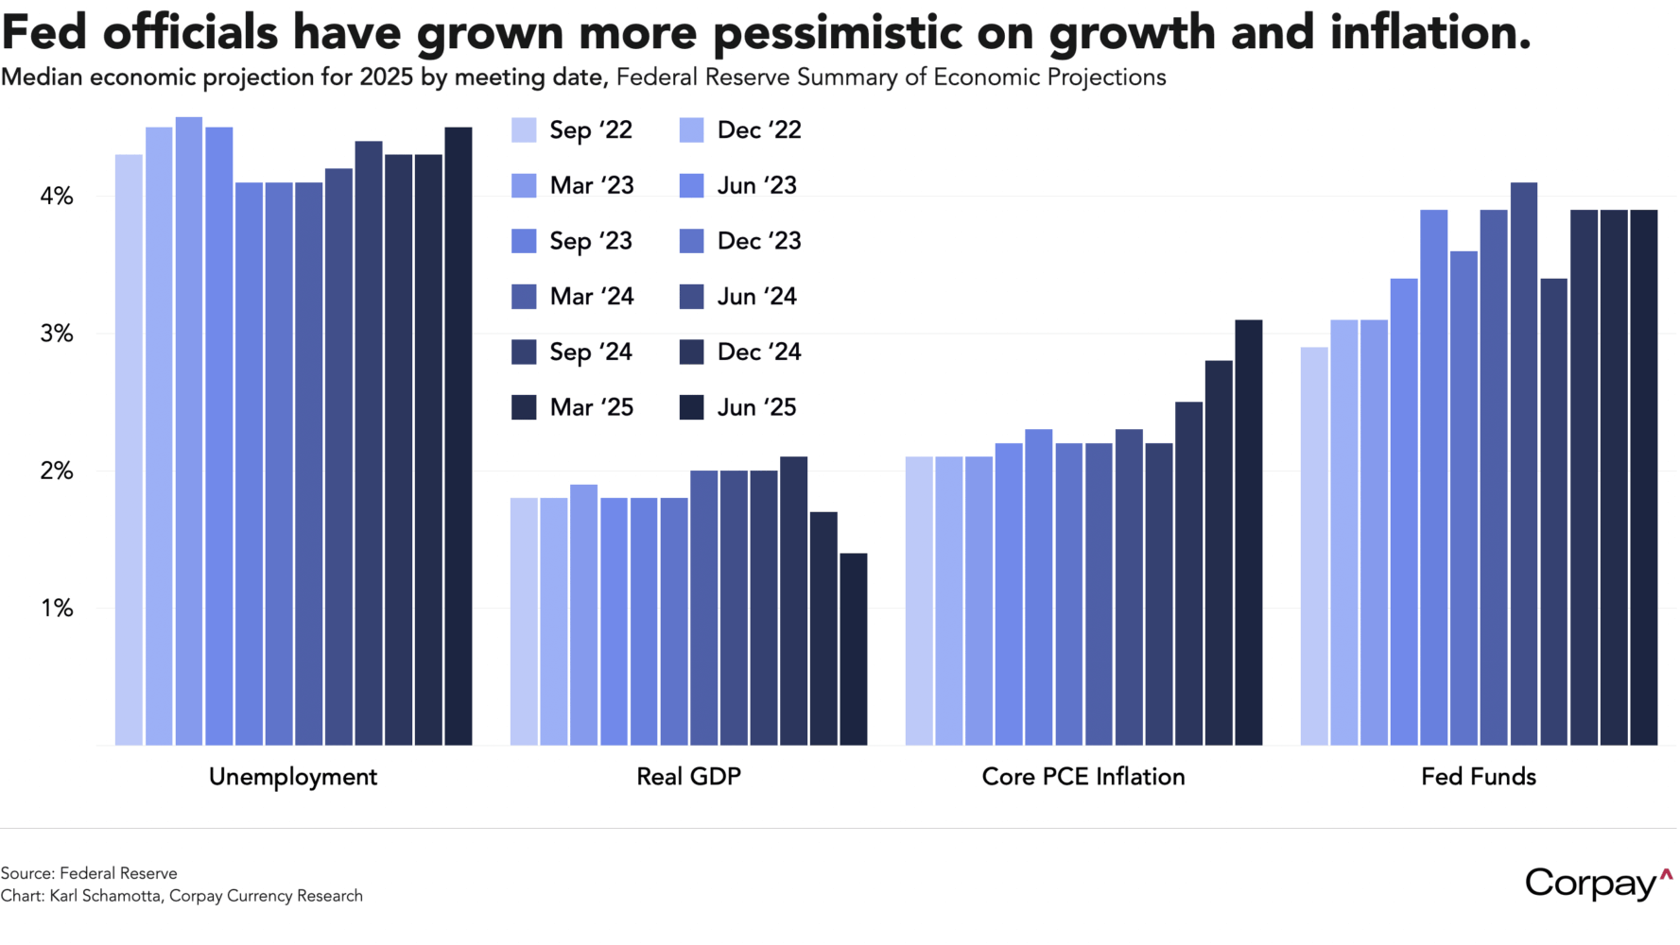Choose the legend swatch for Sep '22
click(524, 130)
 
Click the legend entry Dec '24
click(758, 352)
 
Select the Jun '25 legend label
click(756, 407)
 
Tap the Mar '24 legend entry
click(591, 297)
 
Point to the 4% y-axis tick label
click(56, 197)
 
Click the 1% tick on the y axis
click(57, 609)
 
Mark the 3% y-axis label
click(56, 334)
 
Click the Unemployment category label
click(293, 777)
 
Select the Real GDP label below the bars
click(688, 777)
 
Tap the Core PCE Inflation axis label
click(1083, 777)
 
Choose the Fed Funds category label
click(1479, 777)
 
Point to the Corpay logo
click(1598, 884)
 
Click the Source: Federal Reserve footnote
click(89, 873)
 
